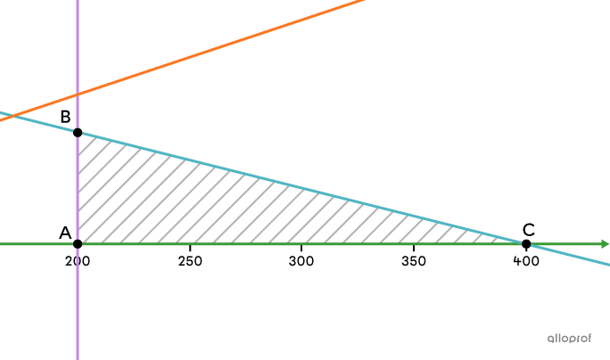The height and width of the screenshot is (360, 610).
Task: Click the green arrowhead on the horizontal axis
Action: coord(605,244)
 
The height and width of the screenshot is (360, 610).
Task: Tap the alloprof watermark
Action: coord(569,339)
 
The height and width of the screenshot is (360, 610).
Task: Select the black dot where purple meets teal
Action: coord(78,133)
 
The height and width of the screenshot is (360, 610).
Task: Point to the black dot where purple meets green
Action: coord(78,243)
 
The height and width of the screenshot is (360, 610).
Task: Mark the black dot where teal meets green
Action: coord(524,243)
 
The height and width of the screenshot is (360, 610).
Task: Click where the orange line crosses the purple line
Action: coord(78,94)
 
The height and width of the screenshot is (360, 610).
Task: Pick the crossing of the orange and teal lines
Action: coord(12,115)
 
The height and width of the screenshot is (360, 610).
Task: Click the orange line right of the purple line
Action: coord(223,46)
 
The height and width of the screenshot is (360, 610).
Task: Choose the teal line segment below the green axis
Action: coord(571,255)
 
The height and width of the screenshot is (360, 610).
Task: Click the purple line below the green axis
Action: coord(78,303)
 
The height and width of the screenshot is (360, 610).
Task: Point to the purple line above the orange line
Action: coord(78,45)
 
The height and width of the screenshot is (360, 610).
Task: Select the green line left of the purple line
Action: coord(36,243)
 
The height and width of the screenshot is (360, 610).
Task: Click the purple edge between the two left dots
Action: coord(78,187)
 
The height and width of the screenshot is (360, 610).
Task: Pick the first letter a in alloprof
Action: coord(550,339)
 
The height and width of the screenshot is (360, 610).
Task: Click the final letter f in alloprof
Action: coord(589,339)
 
